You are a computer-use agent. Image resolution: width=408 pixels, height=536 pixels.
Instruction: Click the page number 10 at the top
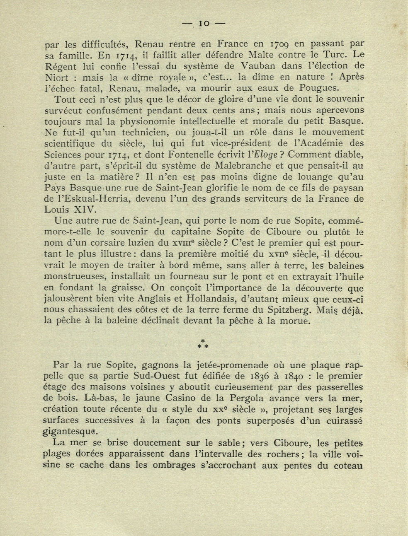tap(204, 24)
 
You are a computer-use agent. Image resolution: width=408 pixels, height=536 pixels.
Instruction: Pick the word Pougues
tap(321, 88)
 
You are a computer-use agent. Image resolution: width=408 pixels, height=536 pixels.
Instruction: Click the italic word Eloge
tap(265, 155)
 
